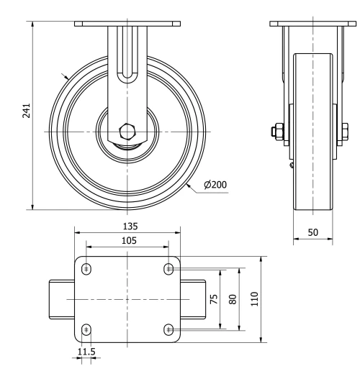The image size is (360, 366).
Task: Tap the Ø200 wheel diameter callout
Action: pos(215,185)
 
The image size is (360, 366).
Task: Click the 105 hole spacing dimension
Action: pos(128,239)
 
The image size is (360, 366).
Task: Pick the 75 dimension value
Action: pos(213,299)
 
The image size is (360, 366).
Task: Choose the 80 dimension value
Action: pos(232,299)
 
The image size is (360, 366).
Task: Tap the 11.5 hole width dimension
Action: pos(87,352)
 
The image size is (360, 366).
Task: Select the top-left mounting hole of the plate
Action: pos(87,268)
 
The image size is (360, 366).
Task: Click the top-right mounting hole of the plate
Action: pos(170,268)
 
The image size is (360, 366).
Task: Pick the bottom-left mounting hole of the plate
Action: pos(87,330)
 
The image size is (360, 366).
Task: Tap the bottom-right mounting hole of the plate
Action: pos(170,330)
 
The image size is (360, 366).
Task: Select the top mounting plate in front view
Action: pos(128,24)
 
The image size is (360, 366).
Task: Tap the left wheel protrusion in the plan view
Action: pos(62,299)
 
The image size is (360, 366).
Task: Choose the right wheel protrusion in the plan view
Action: pos(194,299)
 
